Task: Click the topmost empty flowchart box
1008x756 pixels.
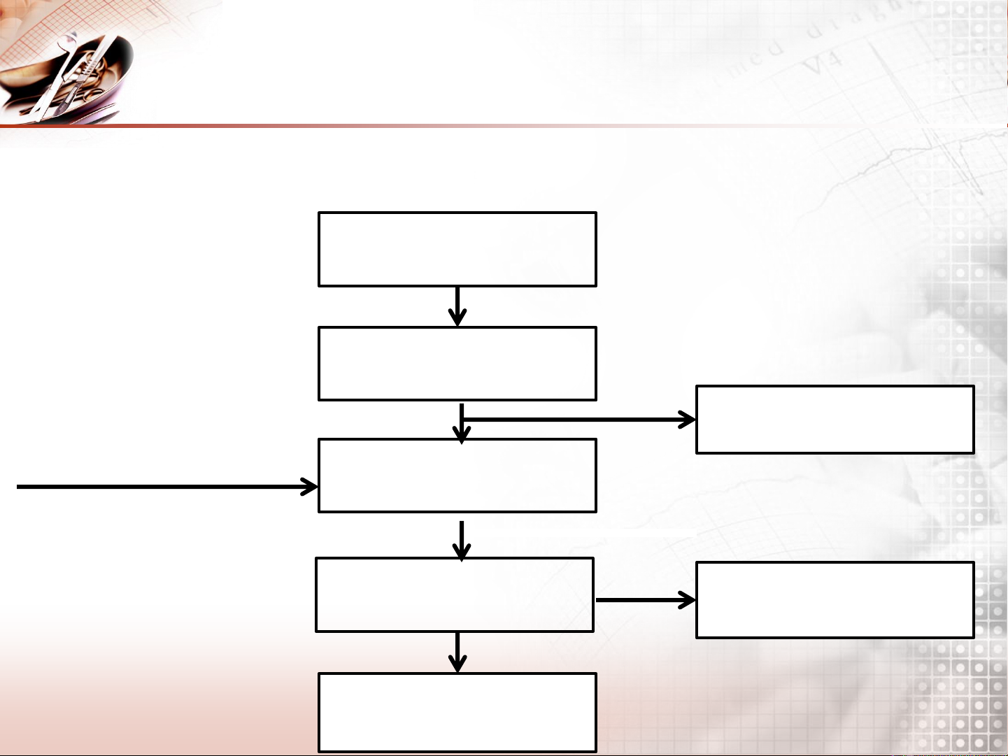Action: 457,249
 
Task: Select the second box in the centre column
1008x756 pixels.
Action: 457,363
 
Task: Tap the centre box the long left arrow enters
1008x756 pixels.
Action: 457,476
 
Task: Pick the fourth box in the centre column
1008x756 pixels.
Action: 455,594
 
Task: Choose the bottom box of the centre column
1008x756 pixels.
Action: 457,712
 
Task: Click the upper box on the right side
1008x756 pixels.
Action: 835,420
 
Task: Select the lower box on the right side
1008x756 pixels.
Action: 835,600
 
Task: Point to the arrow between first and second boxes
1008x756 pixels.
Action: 457,306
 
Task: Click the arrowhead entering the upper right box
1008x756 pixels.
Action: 687,420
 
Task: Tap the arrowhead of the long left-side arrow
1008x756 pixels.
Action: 310,487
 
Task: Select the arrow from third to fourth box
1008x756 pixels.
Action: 461,540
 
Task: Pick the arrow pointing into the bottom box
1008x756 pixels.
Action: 457,652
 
